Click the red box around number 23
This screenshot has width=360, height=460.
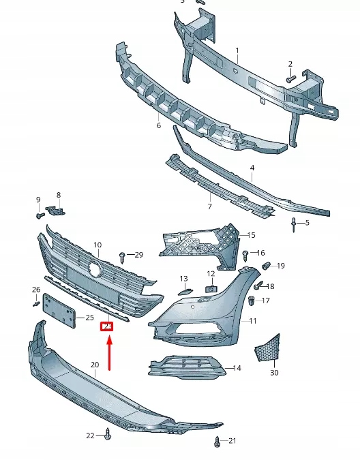point(107,326)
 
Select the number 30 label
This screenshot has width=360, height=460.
point(274,373)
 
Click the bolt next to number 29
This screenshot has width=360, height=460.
point(123,257)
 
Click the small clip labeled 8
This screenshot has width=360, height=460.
point(58,209)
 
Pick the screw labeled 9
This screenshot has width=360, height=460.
point(40,215)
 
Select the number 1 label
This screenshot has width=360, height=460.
point(237,50)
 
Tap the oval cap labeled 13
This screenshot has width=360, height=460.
point(183,292)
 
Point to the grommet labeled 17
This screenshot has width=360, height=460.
point(252,301)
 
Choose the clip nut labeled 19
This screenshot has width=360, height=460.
point(267,265)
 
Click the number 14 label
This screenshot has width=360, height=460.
point(237,368)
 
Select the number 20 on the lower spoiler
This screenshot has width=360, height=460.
point(95,365)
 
